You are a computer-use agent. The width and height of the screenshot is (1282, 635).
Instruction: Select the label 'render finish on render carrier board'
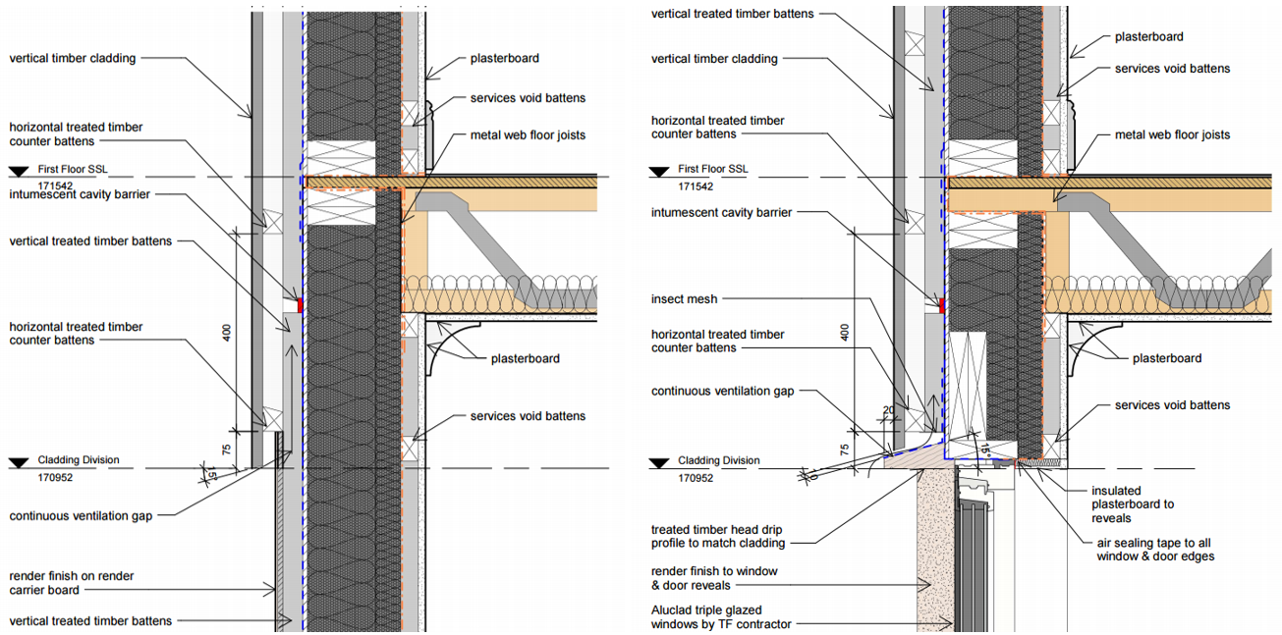(72, 583)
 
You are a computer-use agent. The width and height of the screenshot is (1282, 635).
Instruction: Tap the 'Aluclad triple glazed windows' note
(721, 616)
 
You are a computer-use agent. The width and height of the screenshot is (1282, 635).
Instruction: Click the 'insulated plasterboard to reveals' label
(1133, 504)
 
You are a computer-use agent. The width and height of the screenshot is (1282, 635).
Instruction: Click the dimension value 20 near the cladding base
(888, 411)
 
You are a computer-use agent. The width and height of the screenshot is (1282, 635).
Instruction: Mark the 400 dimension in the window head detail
(842, 333)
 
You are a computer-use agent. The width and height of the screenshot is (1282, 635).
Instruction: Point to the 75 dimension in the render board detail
(226, 449)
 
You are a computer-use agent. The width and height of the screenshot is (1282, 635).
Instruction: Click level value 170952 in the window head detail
(696, 478)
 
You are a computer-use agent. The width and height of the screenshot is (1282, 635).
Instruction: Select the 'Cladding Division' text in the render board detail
(79, 460)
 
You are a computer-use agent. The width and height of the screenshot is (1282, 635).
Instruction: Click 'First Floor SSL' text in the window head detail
(713, 169)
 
